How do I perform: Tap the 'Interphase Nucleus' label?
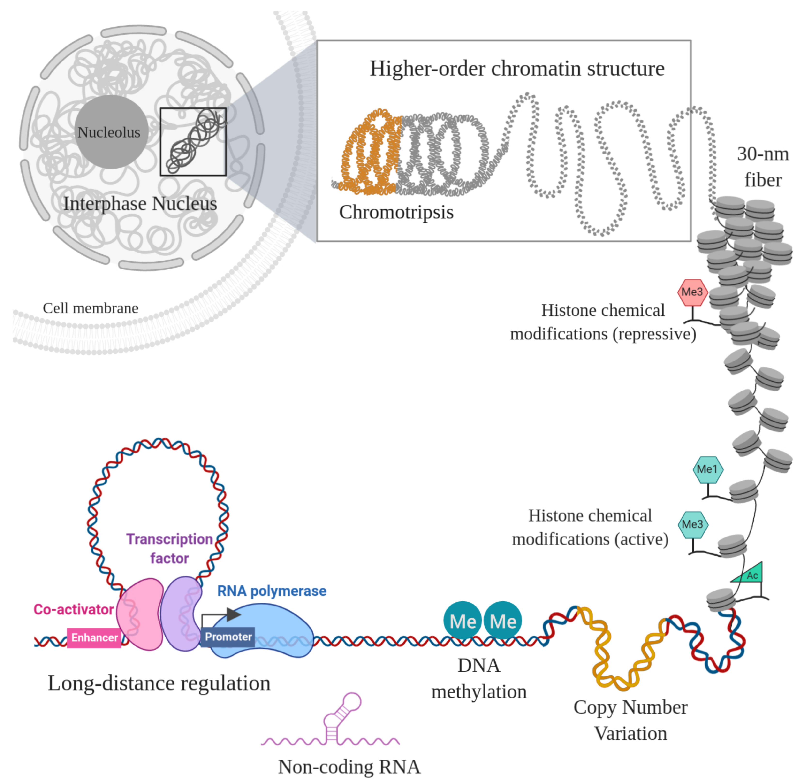point(140,204)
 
